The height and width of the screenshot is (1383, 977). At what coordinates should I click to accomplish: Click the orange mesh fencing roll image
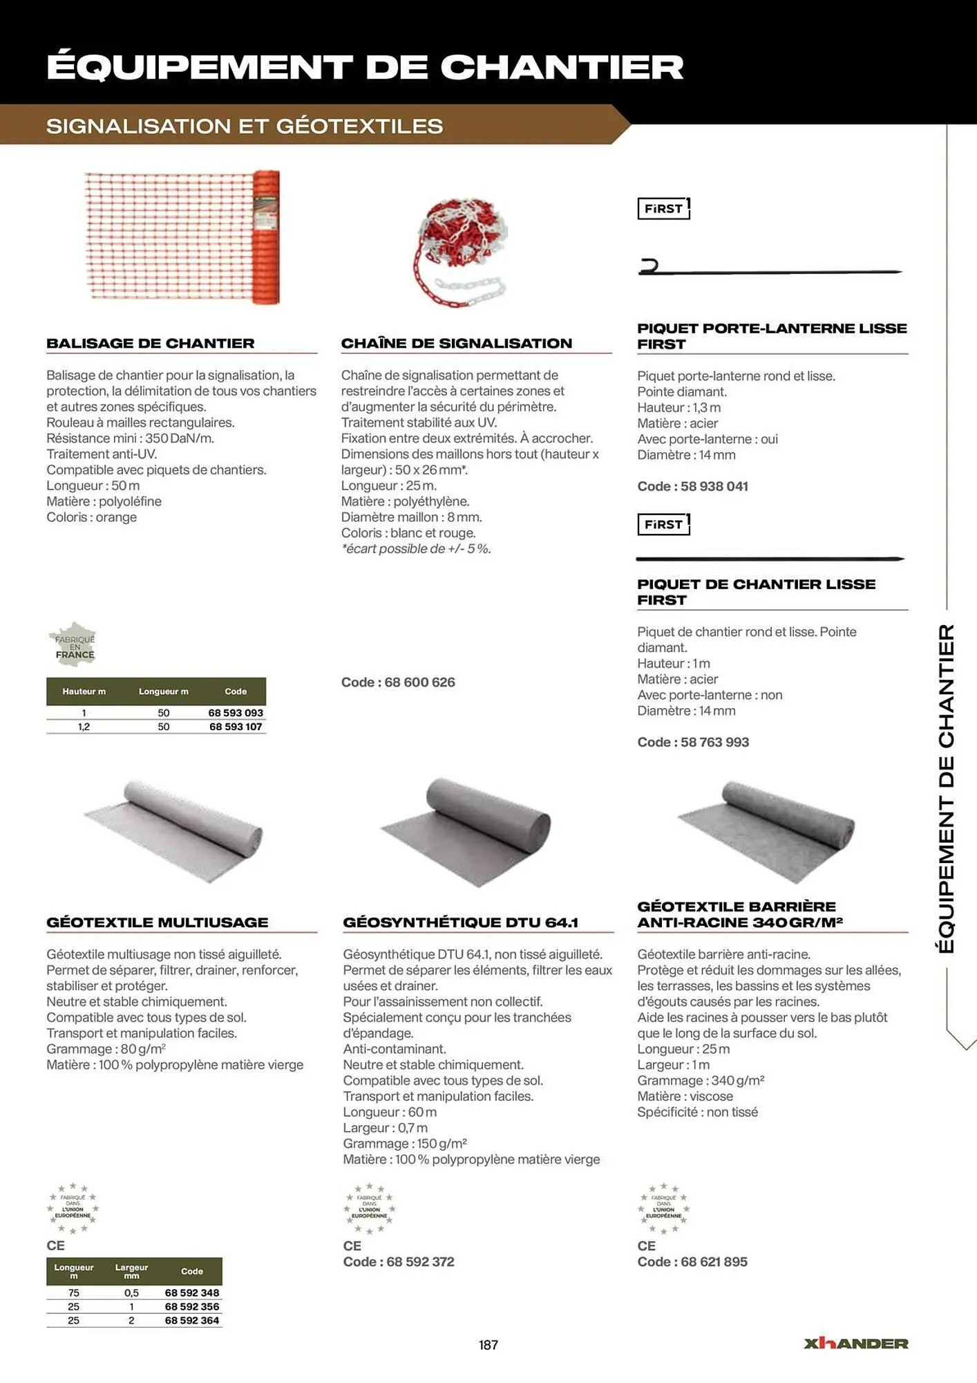pyautogui.click(x=183, y=237)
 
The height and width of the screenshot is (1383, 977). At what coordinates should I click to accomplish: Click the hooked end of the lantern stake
pyautogui.click(x=649, y=267)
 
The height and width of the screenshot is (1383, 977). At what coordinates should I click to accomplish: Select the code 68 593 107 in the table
pyautogui.click(x=236, y=727)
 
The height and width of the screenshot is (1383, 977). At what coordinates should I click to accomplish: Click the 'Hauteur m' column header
pyautogui.click(x=84, y=691)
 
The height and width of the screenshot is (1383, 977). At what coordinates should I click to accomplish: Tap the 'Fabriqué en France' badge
pyautogui.click(x=73, y=644)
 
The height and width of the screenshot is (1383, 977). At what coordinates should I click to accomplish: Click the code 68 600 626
pyautogui.click(x=398, y=683)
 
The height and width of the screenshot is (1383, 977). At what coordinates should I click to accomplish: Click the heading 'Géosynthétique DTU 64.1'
pyautogui.click(x=460, y=922)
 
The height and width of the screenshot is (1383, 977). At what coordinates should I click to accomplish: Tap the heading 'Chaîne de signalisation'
pyautogui.click(x=456, y=344)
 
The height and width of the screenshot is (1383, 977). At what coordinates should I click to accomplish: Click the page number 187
pyautogui.click(x=488, y=1345)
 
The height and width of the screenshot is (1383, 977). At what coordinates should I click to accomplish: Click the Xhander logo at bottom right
pyautogui.click(x=855, y=1344)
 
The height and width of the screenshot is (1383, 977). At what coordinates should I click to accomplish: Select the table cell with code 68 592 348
pyautogui.click(x=191, y=1292)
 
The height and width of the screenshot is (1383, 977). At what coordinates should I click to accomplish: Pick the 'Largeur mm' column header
pyautogui.click(x=131, y=1271)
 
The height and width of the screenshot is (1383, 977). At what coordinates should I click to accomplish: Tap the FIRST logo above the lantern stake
pyautogui.click(x=663, y=209)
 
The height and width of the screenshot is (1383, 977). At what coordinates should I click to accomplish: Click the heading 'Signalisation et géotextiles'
pyautogui.click(x=245, y=127)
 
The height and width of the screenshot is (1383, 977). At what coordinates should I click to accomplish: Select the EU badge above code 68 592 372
pyautogui.click(x=370, y=1209)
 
